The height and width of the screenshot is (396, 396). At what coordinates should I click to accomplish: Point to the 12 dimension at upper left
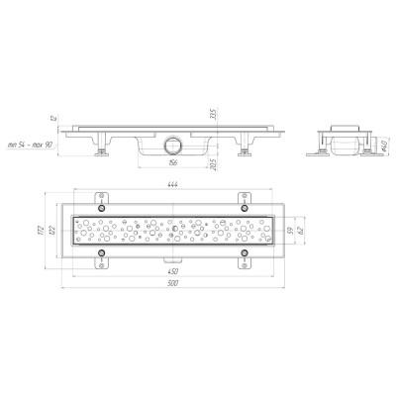pos(58,119)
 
